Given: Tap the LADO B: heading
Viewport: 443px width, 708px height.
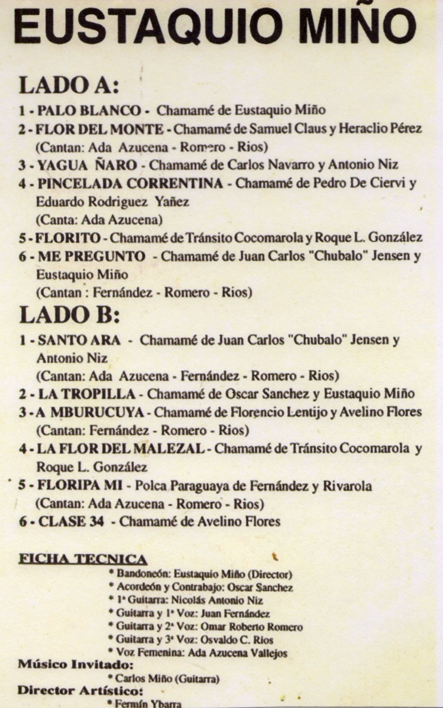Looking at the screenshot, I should click(x=70, y=315).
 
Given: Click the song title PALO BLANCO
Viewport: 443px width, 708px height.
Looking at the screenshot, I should click(x=89, y=110).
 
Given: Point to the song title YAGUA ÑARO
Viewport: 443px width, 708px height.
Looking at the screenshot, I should click(x=88, y=165).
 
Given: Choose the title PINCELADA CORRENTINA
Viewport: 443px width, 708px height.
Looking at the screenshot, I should click(x=130, y=183).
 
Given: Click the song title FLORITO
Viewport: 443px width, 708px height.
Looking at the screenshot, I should click(x=68, y=238).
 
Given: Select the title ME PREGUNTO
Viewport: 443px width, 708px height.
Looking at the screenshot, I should click(x=92, y=257).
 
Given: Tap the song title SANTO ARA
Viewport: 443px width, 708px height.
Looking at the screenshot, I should click(x=79, y=340).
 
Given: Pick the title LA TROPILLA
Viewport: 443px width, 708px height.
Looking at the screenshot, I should click(x=87, y=394).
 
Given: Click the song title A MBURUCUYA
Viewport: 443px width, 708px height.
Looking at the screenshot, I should click(x=90, y=412).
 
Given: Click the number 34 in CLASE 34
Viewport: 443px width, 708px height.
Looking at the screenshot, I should click(x=96, y=521).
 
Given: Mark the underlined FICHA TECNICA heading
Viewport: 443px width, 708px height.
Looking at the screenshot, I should click(x=82, y=559).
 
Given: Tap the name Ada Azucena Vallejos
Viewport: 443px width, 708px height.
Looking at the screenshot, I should click(x=238, y=653).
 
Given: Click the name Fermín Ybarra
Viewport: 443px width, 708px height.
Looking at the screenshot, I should click(x=148, y=704).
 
